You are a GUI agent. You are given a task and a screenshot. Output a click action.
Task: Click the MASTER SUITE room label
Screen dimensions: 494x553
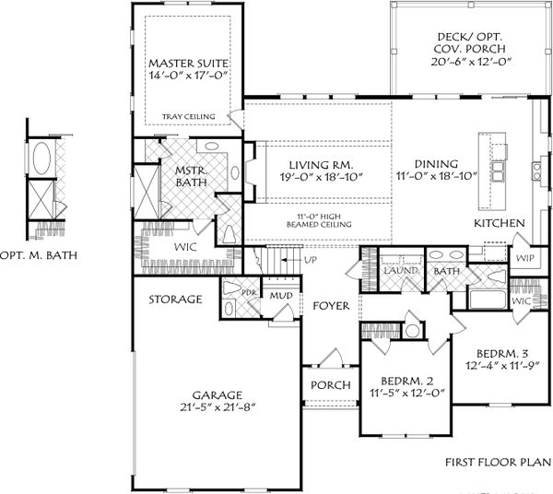[189, 64]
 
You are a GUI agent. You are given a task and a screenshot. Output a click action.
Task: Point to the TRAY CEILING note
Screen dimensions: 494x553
[189, 116]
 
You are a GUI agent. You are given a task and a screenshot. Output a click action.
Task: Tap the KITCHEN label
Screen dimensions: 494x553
[500, 224]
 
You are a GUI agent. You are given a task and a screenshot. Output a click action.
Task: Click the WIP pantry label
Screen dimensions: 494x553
[526, 259]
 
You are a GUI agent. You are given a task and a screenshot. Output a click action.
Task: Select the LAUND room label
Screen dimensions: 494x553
[403, 272]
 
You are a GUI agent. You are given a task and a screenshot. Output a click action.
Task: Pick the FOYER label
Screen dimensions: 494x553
[330, 305]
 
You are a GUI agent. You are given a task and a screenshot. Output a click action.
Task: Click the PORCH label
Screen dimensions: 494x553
[330, 385]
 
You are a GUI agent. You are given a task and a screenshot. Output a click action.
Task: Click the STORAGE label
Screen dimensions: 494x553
[176, 300]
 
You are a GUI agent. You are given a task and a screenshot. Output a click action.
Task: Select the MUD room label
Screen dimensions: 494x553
[280, 296]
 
